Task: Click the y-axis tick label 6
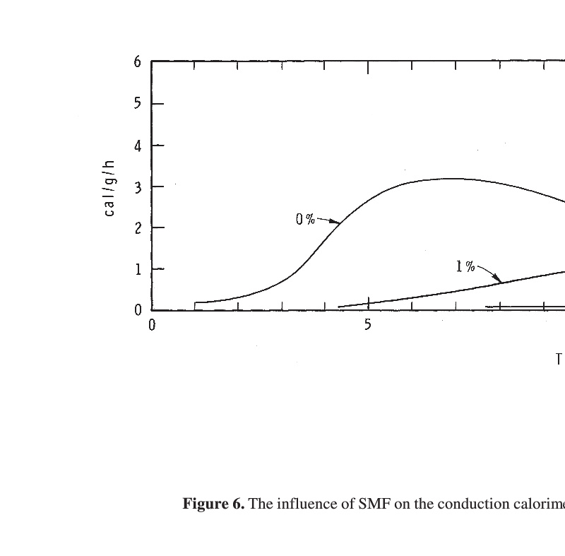pyautogui.click(x=138, y=62)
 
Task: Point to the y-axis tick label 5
pyautogui.click(x=138, y=104)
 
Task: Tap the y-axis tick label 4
pyautogui.click(x=138, y=146)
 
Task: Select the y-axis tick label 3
pyautogui.click(x=138, y=187)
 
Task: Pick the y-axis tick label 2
pyautogui.click(x=138, y=228)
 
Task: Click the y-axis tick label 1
pyautogui.click(x=138, y=269)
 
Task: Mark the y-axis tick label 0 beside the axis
pyautogui.click(x=138, y=310)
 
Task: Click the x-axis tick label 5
pyautogui.click(x=367, y=326)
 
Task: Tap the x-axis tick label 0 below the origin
pyautogui.click(x=152, y=326)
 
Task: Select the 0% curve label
pyautogui.click(x=305, y=219)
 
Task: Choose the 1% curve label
pyautogui.click(x=465, y=266)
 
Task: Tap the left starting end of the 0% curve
pyautogui.click(x=195, y=302)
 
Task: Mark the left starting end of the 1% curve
pyautogui.click(x=340, y=307)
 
